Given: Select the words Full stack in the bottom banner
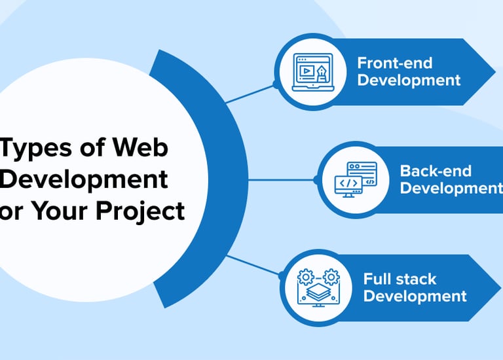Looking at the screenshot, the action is click(x=400, y=279).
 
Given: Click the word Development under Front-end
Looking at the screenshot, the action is click(x=409, y=81).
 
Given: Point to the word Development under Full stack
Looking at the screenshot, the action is click(x=415, y=296).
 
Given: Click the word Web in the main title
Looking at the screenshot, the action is click(x=140, y=147).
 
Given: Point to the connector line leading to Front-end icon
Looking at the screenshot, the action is click(x=252, y=93).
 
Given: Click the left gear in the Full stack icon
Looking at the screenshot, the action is click(x=305, y=276).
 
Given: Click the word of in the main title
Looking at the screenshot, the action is click(x=86, y=147).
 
